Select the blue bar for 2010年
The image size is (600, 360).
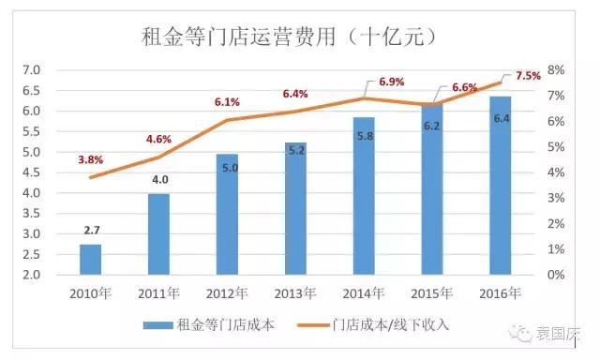[x=90, y=259]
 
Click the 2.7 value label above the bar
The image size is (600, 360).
[x=90, y=228]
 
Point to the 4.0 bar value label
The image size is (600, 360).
[x=159, y=179]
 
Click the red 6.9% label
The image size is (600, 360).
[x=391, y=82]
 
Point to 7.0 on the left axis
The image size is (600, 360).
[x=31, y=70]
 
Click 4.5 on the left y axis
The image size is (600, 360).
[x=31, y=172]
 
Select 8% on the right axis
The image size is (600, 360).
[x=555, y=70]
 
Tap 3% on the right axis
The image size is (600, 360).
[x=555, y=199]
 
